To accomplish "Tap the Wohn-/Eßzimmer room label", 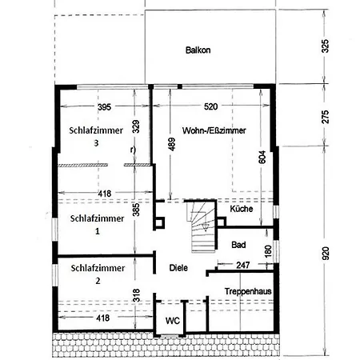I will click(x=214, y=130).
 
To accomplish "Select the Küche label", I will click(x=242, y=209).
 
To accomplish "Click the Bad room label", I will click(x=238, y=244).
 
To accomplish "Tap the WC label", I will click(x=172, y=320).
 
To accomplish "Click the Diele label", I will click(x=178, y=268).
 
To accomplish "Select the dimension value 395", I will click(x=103, y=106).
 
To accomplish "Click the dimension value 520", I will click(x=211, y=106).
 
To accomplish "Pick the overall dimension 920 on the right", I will click(x=325, y=253).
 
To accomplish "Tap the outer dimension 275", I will click(x=325, y=115).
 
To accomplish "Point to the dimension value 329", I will click(x=136, y=126).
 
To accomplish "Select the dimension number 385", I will click(x=136, y=210).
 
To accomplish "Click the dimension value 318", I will click(x=136, y=295).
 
